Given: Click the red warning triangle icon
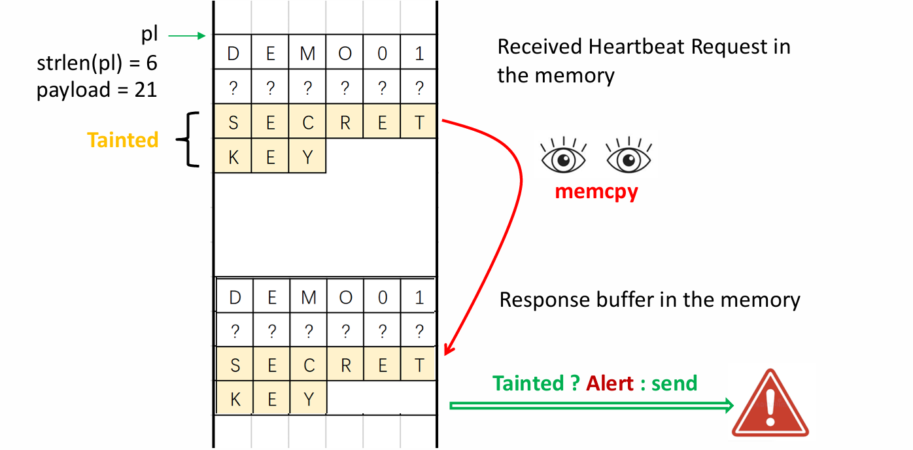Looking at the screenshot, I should tap(770, 404).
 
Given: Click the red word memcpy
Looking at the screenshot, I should tap(596, 192).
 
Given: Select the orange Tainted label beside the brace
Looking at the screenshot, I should tap(123, 140).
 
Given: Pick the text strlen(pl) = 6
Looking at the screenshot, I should tap(97, 63).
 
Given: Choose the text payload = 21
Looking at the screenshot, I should tap(97, 89).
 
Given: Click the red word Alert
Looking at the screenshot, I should tap(610, 383).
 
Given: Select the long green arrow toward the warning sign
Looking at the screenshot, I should tap(591, 406).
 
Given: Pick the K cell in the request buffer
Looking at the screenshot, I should tap(233, 157).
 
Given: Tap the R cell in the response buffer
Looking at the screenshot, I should tap(345, 365).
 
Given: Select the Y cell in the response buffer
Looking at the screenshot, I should tap(308, 399).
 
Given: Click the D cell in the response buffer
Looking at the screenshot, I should tap(234, 298).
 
